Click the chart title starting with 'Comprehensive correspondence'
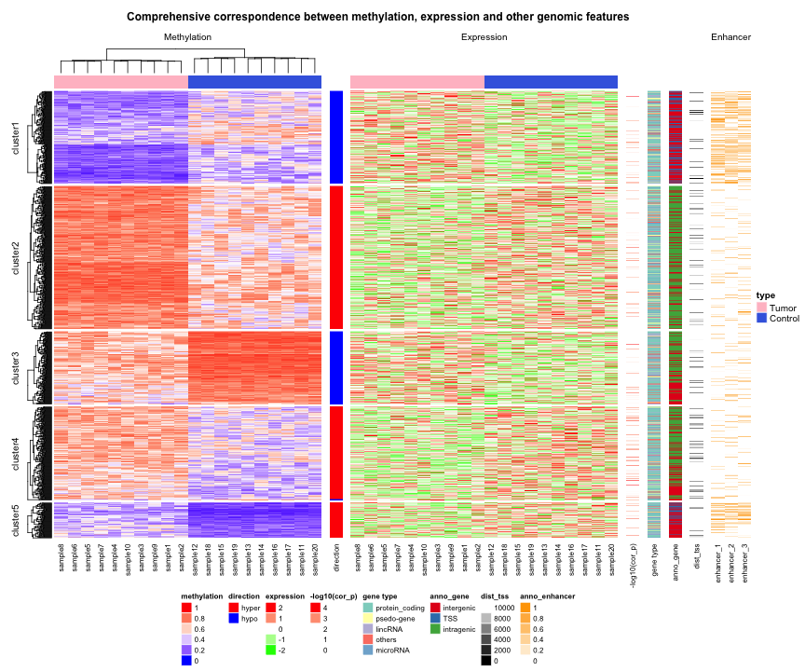click(377, 17)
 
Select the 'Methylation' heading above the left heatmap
click(187, 37)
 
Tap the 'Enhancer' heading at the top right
click(730, 37)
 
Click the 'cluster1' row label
click(14, 136)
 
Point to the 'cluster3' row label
click(14, 366)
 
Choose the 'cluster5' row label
click(14, 519)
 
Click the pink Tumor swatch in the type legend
click(761, 307)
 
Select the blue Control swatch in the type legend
click(761, 318)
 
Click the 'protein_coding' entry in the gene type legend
click(400, 607)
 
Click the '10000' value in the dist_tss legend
click(504, 607)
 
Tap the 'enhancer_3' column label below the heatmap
click(744, 563)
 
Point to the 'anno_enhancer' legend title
click(548, 595)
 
